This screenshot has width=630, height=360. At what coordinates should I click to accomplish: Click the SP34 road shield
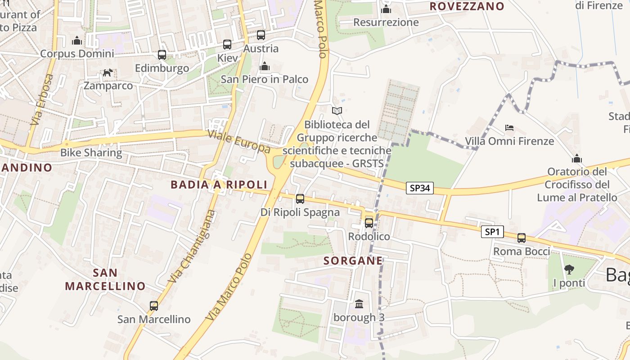coord(420,188)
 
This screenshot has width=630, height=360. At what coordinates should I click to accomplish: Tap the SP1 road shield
coord(492,232)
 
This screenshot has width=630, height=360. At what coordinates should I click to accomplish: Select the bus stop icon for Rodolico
coord(369,223)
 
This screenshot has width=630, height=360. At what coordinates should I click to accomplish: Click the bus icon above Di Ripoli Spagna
coord(300,198)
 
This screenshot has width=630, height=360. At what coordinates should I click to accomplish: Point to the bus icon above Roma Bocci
coord(522,238)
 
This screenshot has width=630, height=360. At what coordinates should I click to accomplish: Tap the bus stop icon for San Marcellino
coord(154,306)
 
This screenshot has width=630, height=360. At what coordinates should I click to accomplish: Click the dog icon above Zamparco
coord(108,72)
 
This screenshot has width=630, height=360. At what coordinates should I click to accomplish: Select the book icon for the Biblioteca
coord(337,111)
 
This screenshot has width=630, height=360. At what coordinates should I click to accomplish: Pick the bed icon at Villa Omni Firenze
coord(509,128)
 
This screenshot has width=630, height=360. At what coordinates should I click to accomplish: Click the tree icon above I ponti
coord(569,270)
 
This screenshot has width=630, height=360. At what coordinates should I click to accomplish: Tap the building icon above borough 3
coord(359,304)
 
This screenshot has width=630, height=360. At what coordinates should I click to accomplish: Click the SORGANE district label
coord(353,261)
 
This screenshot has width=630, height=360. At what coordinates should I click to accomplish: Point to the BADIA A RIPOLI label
coord(219,184)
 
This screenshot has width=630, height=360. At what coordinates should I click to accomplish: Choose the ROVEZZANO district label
coord(467,6)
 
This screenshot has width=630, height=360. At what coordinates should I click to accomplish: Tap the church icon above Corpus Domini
coord(77,40)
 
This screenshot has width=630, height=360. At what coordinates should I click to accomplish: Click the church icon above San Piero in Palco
coord(265,67)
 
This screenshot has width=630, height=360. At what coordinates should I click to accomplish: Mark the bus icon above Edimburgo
coord(162,55)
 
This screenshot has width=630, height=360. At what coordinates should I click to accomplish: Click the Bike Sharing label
coord(91,153)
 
